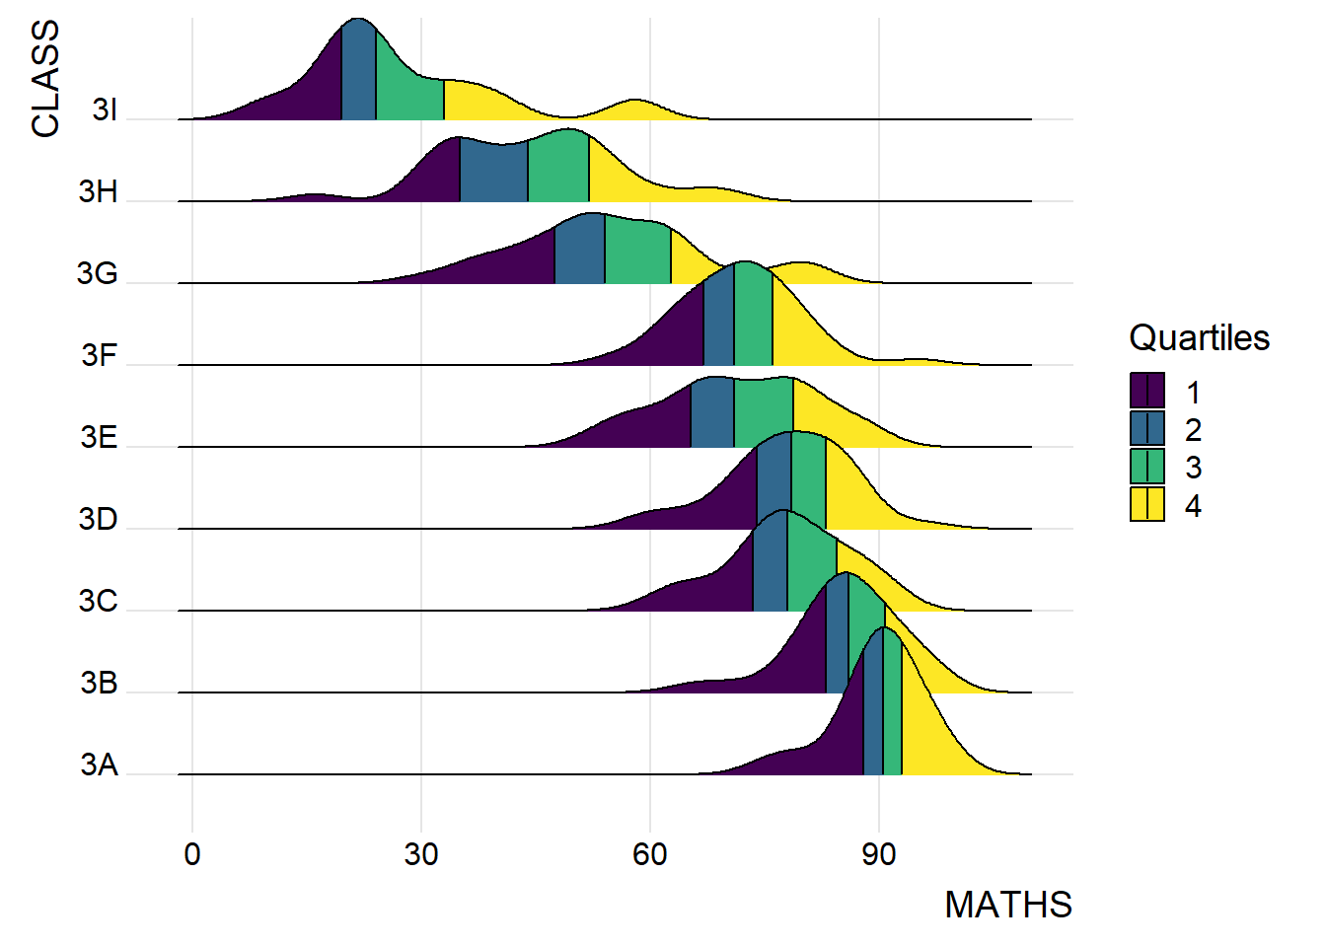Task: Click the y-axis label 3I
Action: point(105,109)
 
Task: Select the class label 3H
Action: point(99,191)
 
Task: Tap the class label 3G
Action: point(98,273)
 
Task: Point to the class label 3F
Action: point(99,355)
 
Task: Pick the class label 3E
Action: point(99,437)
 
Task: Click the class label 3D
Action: point(99,519)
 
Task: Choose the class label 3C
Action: point(99,601)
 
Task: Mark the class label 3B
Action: point(99,683)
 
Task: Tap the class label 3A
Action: point(99,765)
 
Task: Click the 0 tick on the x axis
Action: point(192,854)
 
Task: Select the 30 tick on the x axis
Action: point(421,854)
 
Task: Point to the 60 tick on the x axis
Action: point(650,854)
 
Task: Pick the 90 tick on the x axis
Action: point(879,854)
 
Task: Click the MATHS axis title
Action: point(1007,905)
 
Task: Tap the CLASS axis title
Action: point(45,79)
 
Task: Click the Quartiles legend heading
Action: point(1199,338)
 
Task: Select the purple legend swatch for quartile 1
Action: point(1147,391)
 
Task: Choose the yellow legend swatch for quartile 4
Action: point(1147,504)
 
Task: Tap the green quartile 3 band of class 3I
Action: point(408,94)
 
